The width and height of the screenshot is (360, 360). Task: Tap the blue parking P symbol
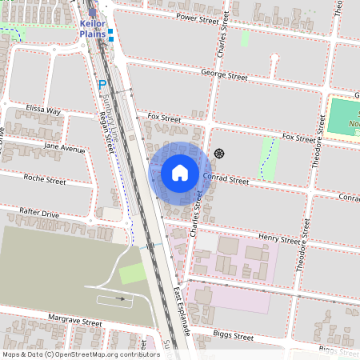click(102, 84)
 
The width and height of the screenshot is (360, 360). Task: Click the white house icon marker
click(180, 173)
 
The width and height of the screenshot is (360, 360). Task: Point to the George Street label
click(225, 76)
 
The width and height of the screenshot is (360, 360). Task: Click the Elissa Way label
click(43, 110)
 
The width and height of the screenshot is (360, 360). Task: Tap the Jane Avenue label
click(64, 148)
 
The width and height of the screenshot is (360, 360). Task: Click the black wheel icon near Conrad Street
click(219, 154)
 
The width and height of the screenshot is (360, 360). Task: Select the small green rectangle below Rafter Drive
click(133, 274)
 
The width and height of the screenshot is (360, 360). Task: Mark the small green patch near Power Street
click(244, 38)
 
